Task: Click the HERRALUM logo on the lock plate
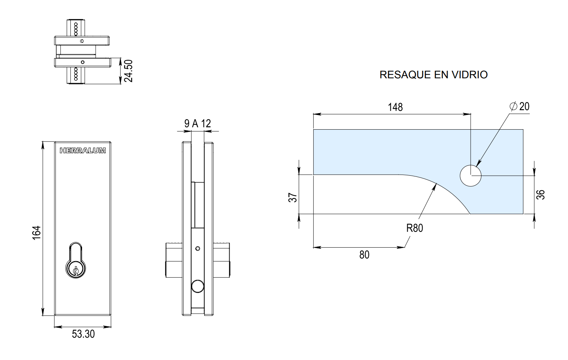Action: [x=83, y=151]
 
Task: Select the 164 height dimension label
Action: [x=37, y=233]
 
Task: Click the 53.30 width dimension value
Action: [x=83, y=334]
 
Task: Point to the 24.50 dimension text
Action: [x=129, y=71]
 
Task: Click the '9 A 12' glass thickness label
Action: [x=197, y=124]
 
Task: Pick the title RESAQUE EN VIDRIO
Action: [x=433, y=75]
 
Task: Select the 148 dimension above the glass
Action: [x=395, y=107]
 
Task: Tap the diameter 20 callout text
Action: [x=520, y=106]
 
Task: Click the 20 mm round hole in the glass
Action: [x=471, y=175]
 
